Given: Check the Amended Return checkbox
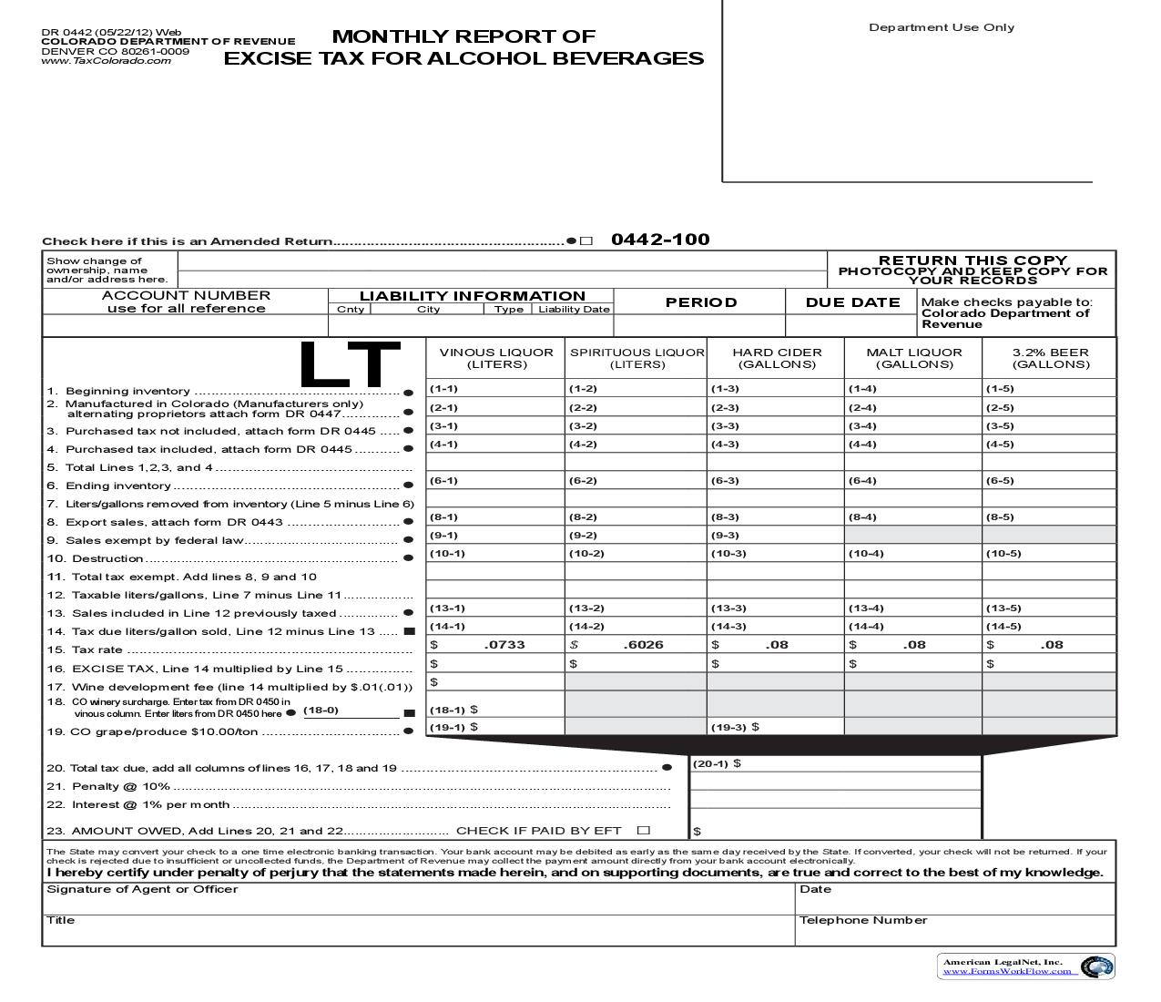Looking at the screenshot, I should coord(586,241).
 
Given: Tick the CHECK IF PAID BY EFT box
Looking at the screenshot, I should coord(645,830).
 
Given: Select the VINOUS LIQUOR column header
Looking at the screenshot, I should coord(496,358).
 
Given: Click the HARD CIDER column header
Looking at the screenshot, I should coord(777,358).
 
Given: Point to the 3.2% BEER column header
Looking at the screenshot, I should coord(1050,358).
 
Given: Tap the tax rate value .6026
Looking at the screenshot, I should coord(643,645).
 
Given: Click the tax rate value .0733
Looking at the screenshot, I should coord(504,645).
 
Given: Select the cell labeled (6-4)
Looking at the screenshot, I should coord(912,480).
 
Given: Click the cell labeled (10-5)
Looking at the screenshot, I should coord(1049,553).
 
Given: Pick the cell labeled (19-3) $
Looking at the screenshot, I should coord(775,727).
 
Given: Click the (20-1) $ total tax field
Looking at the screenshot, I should coord(835,763).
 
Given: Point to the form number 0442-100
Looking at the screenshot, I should coord(660,240).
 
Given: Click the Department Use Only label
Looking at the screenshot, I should coord(942,27).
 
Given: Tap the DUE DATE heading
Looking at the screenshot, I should coord(852,302).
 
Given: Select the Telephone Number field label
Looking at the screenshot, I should coord(862,920).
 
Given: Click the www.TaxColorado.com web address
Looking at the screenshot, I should coord(106,61).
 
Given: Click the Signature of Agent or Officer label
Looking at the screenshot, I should coord(142,889).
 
